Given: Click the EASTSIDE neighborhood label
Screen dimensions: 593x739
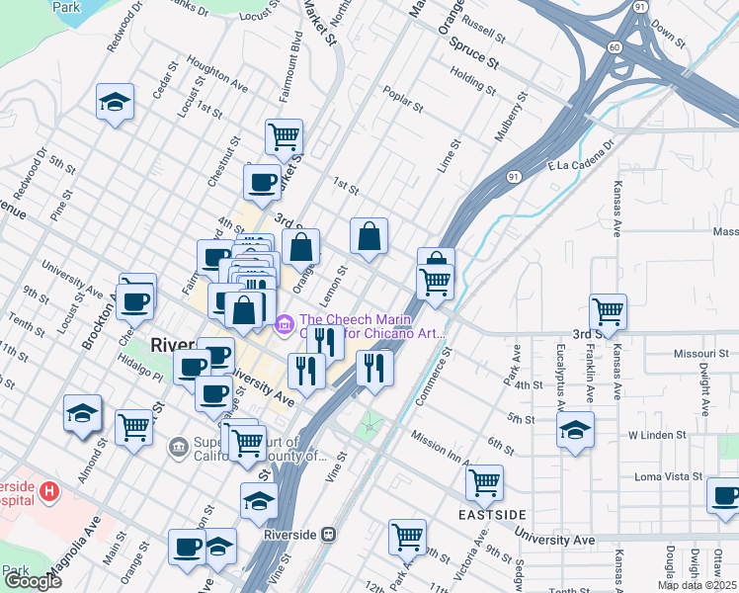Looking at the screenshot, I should [x=492, y=516].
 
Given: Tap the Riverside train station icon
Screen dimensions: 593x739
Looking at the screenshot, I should [x=331, y=534].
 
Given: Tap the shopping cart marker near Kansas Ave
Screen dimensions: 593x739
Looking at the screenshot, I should [x=608, y=310].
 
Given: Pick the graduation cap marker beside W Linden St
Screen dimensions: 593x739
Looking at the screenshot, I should [x=575, y=430].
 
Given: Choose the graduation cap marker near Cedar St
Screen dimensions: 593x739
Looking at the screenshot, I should [x=115, y=101].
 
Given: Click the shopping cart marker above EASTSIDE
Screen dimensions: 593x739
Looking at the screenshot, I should [x=484, y=482].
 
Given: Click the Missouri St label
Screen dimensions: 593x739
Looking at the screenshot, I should [x=673, y=354].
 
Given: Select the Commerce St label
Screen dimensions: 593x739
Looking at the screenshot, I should [x=432, y=377].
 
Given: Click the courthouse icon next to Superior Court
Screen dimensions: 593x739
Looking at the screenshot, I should [x=179, y=448].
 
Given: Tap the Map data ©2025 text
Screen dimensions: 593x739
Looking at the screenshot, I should [x=697, y=585].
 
